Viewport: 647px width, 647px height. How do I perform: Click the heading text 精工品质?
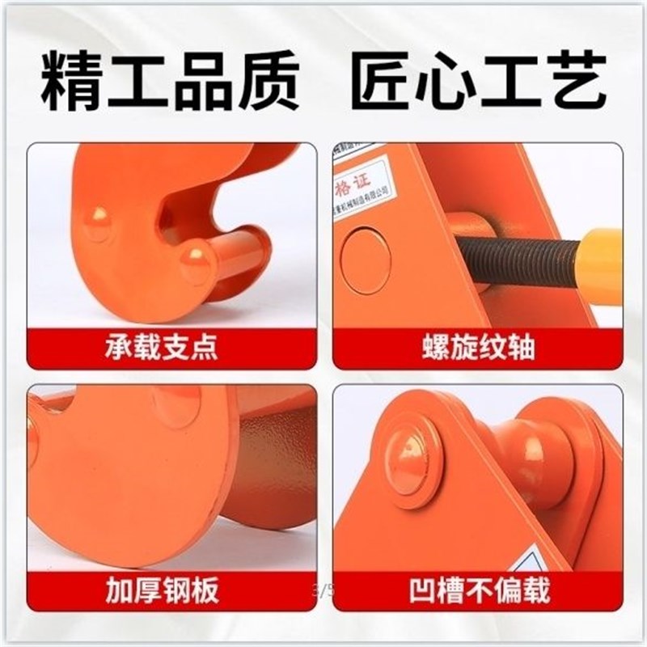[x=170, y=82]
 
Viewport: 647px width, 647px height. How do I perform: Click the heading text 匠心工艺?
[x=477, y=82]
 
